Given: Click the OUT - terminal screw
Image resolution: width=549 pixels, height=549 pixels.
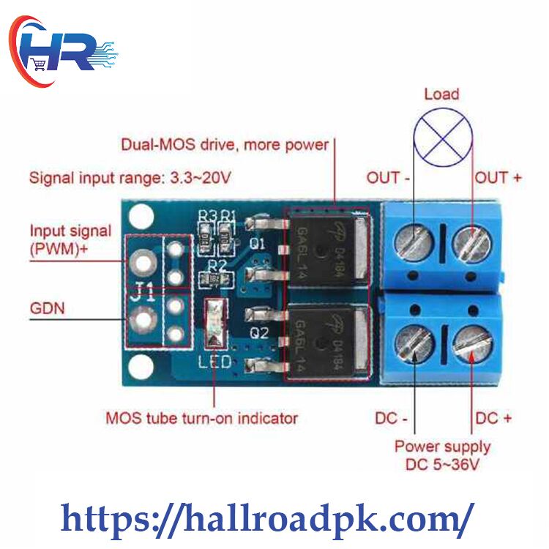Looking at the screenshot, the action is pyautogui.click(x=414, y=242).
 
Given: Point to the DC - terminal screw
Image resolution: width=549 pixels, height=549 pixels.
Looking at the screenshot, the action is pyautogui.click(x=414, y=343).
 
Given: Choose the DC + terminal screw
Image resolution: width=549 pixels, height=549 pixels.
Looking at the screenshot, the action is pyautogui.click(x=472, y=343).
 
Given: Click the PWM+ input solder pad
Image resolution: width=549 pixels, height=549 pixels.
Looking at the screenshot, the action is pyautogui.click(x=143, y=263).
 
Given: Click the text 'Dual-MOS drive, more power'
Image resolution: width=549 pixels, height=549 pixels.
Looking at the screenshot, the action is pyautogui.click(x=225, y=145).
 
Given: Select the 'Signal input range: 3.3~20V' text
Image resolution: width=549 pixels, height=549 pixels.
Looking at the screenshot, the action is pyautogui.click(x=130, y=178).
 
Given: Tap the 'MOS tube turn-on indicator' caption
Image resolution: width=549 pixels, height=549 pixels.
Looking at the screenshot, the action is pyautogui.click(x=202, y=418).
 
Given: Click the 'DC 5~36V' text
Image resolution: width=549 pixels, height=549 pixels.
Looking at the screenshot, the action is pyautogui.click(x=442, y=464).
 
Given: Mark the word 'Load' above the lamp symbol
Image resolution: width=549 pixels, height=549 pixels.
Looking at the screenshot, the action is pyautogui.click(x=441, y=94).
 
